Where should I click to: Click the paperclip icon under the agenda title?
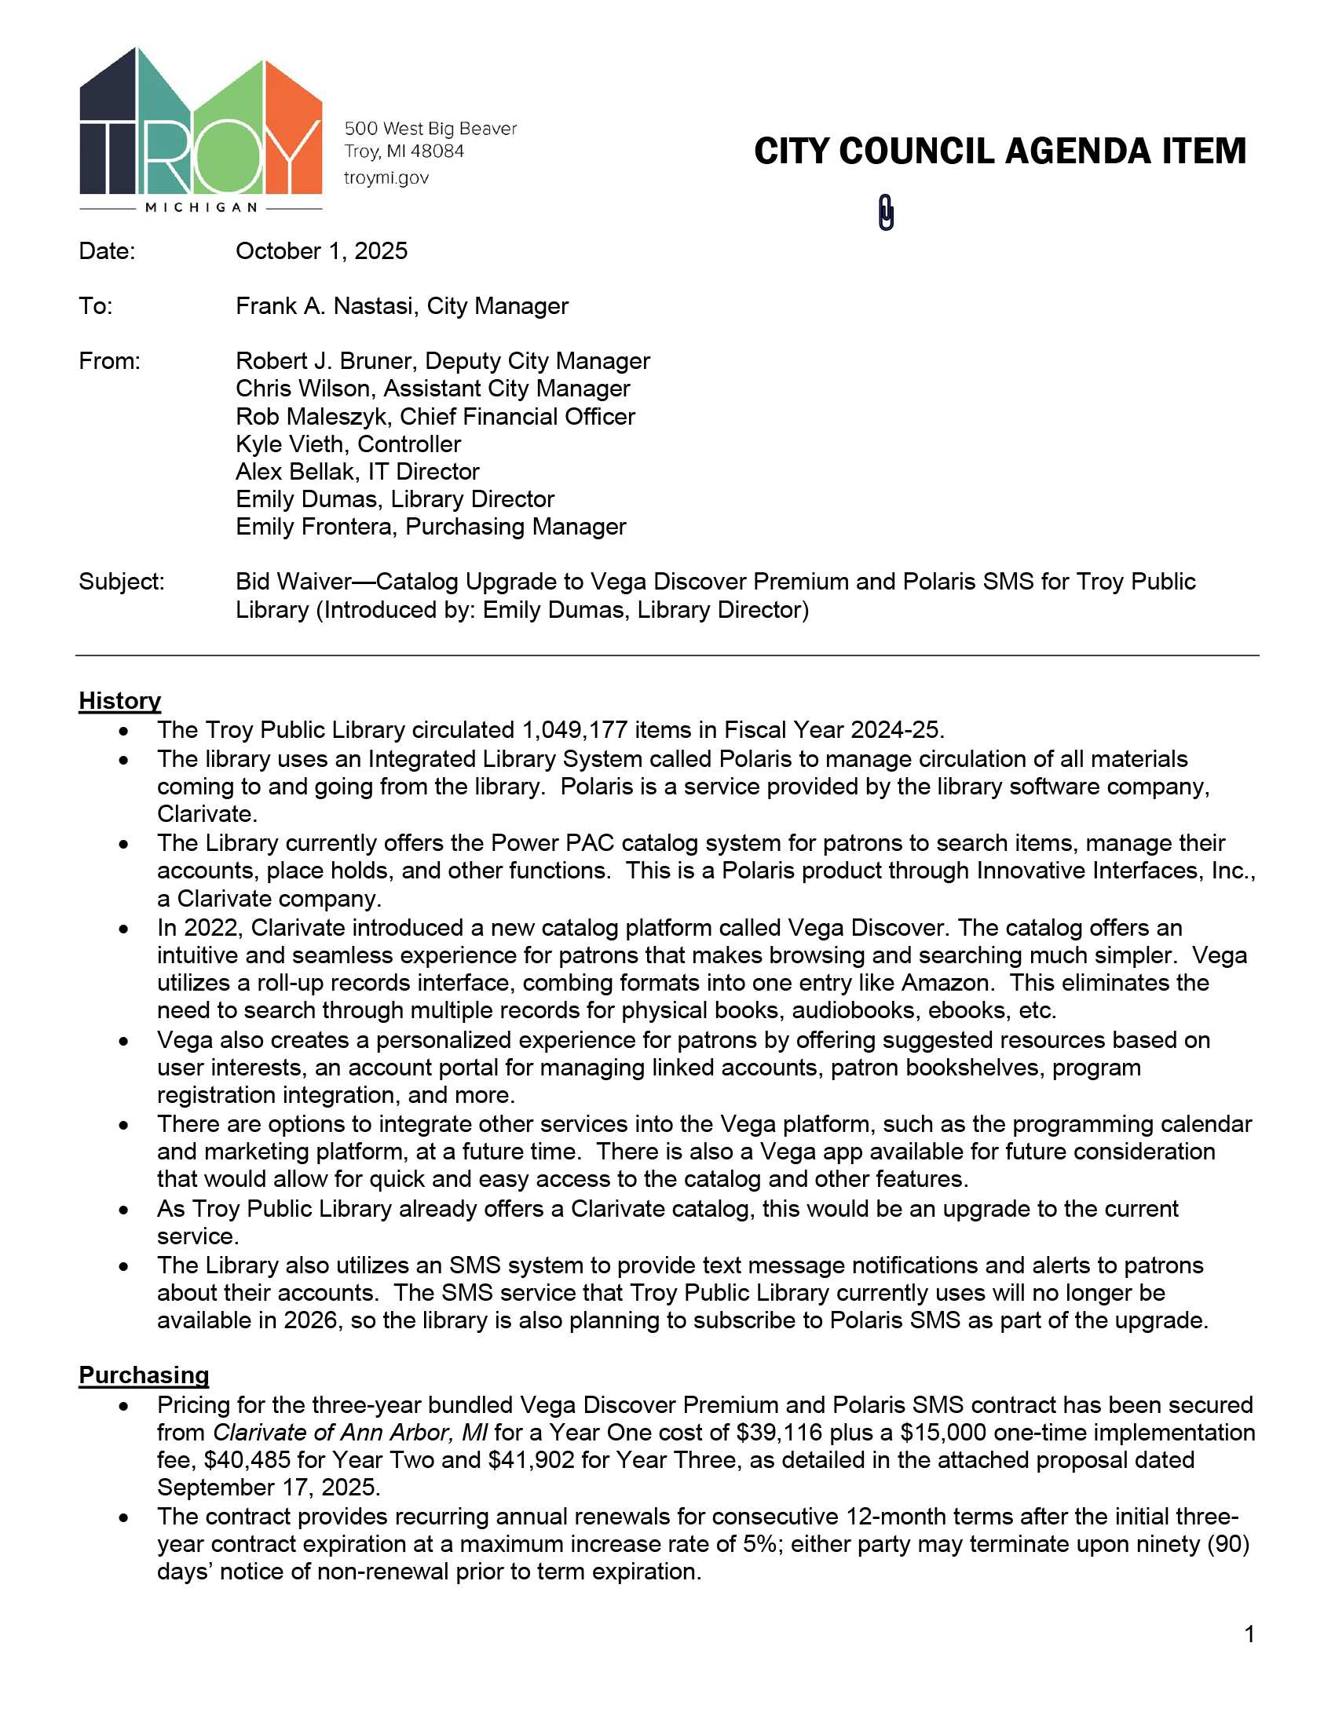pyautogui.click(x=886, y=213)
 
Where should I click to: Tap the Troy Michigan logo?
pyautogui.click(x=201, y=130)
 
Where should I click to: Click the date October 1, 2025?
pyautogui.click(x=321, y=251)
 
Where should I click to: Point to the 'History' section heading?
pyautogui.click(x=119, y=700)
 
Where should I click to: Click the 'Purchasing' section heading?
pyautogui.click(x=143, y=1375)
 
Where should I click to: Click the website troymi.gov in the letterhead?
pyautogui.click(x=386, y=178)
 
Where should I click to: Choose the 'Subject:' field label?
pyautogui.click(x=121, y=582)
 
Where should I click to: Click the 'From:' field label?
pyautogui.click(x=109, y=361)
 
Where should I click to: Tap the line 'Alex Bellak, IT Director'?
pyautogui.click(x=357, y=472)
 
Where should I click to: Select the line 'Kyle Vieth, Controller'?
pyautogui.click(x=348, y=444)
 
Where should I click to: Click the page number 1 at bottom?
pyautogui.click(x=1249, y=1634)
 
